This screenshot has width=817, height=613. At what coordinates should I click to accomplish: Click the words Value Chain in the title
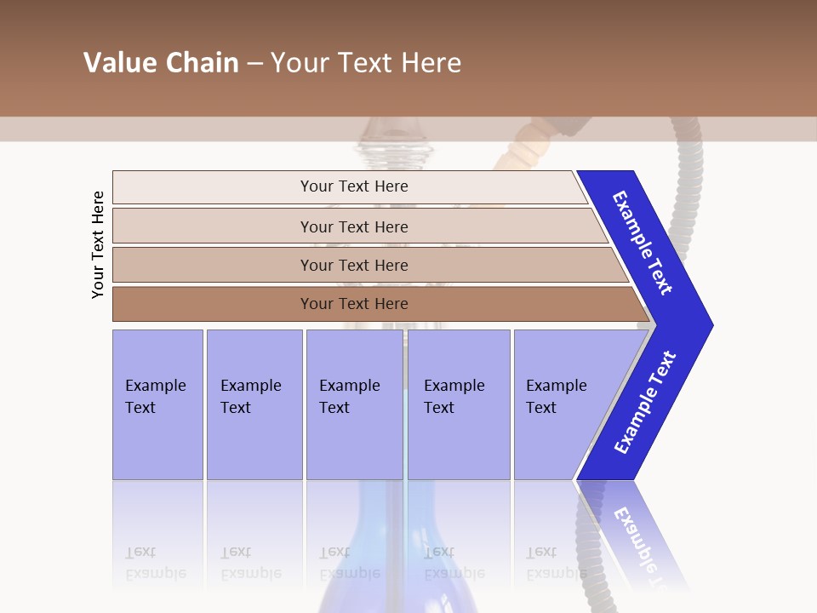click(x=161, y=63)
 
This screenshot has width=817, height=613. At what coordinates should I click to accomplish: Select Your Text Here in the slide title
click(x=366, y=63)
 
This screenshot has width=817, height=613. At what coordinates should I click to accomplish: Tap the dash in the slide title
click(x=254, y=64)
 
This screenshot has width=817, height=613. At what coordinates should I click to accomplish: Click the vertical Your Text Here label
click(x=98, y=244)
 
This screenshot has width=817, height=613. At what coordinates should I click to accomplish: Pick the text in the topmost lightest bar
click(x=354, y=186)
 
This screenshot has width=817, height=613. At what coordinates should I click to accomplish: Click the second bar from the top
click(x=354, y=226)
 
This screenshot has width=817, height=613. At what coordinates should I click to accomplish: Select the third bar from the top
click(x=354, y=265)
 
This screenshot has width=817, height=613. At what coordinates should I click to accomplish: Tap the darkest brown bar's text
click(x=354, y=304)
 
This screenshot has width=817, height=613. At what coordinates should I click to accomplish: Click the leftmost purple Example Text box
click(x=157, y=397)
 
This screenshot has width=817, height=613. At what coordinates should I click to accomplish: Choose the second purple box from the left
click(x=254, y=397)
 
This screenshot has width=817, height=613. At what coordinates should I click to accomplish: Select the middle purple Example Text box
click(x=353, y=397)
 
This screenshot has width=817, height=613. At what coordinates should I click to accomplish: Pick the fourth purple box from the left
click(x=458, y=397)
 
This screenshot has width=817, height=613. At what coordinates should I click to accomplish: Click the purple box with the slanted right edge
click(x=562, y=397)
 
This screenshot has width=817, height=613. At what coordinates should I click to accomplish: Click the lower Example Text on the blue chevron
click(x=645, y=403)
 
